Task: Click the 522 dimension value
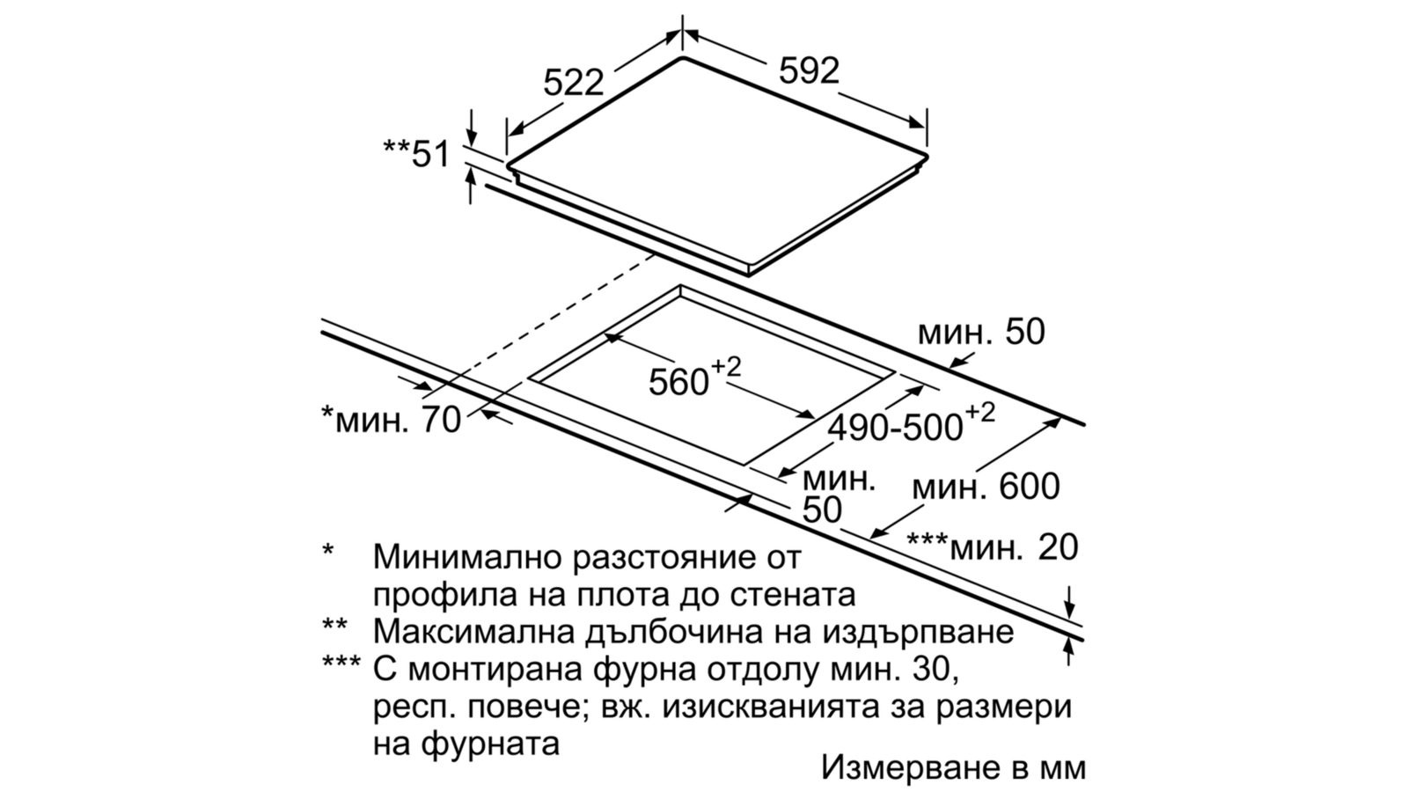point(573,83)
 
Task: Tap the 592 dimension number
point(809,70)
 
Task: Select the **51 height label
point(417,154)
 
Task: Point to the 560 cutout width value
point(678,382)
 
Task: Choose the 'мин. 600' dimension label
point(986,488)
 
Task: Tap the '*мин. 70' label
point(391,419)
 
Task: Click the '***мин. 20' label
point(993,546)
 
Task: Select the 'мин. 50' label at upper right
point(981,332)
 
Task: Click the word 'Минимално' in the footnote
point(466,557)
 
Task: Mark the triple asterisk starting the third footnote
point(341,663)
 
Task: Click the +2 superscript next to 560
point(726,367)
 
